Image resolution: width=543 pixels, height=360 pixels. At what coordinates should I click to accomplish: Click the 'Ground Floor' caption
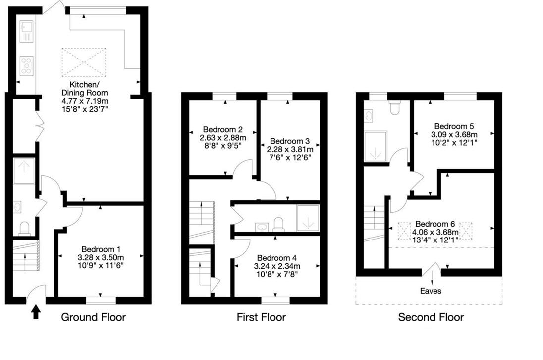coord(93,317)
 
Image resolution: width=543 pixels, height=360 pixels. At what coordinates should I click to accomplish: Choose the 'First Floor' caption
coord(262,317)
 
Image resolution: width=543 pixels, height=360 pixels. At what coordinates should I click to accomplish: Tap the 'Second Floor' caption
coord(431,317)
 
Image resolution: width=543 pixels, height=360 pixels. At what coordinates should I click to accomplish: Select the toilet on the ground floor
coord(24,228)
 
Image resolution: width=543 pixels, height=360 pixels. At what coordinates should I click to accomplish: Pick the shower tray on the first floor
coord(308,218)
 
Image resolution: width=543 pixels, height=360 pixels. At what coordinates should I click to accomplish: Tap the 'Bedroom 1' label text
coord(101,249)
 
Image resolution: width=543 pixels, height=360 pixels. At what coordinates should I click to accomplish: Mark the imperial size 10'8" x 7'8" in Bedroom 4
coord(277,274)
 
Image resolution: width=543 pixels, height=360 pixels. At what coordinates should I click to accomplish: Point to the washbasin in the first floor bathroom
coord(262,227)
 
